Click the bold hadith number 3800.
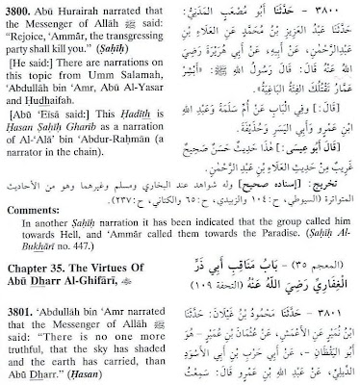20,10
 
